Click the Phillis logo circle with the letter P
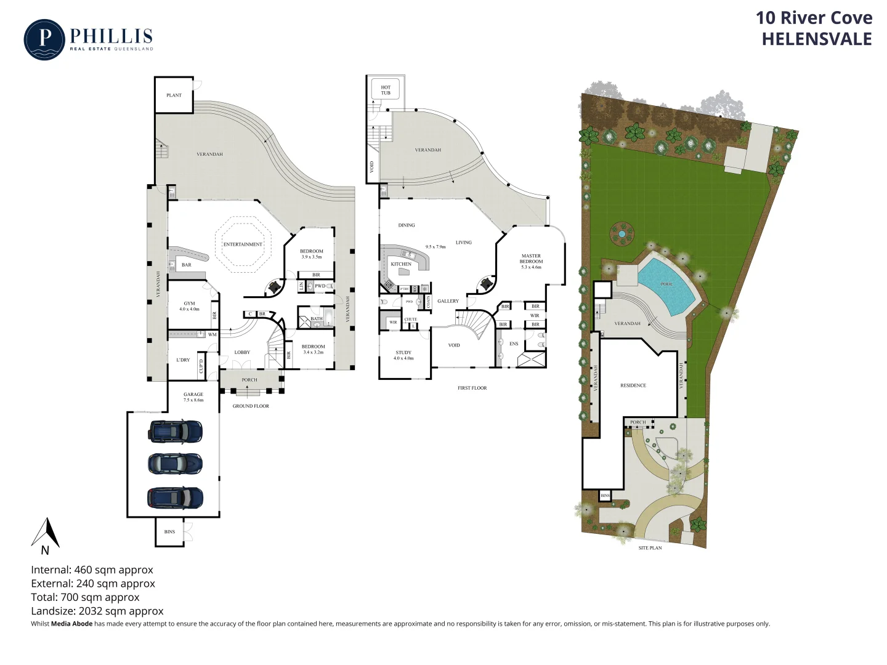pyautogui.click(x=44, y=40)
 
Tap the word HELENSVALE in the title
pyautogui.click(x=816, y=39)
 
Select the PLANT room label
pyautogui.click(x=174, y=95)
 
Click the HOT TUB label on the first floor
pyautogui.click(x=386, y=90)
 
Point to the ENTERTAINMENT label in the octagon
pyautogui.click(x=243, y=244)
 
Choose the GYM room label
pyautogui.click(x=189, y=304)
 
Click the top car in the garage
pyautogui.click(x=175, y=431)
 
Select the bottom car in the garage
pyautogui.click(x=175, y=498)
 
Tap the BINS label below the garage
pyautogui.click(x=169, y=532)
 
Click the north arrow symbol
pyautogui.click(x=46, y=533)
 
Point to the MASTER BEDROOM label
pyautogui.click(x=531, y=259)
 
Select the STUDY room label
pyautogui.click(x=403, y=353)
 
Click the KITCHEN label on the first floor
pyautogui.click(x=401, y=264)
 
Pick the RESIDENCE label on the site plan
pyautogui.click(x=633, y=385)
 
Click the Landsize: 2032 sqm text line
pyautogui.click(x=97, y=611)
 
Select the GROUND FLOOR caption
pyautogui.click(x=251, y=406)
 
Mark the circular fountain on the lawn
pyautogui.click(x=622, y=233)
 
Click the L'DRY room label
pyautogui.click(x=183, y=360)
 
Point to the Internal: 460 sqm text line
pyautogui.click(x=92, y=570)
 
